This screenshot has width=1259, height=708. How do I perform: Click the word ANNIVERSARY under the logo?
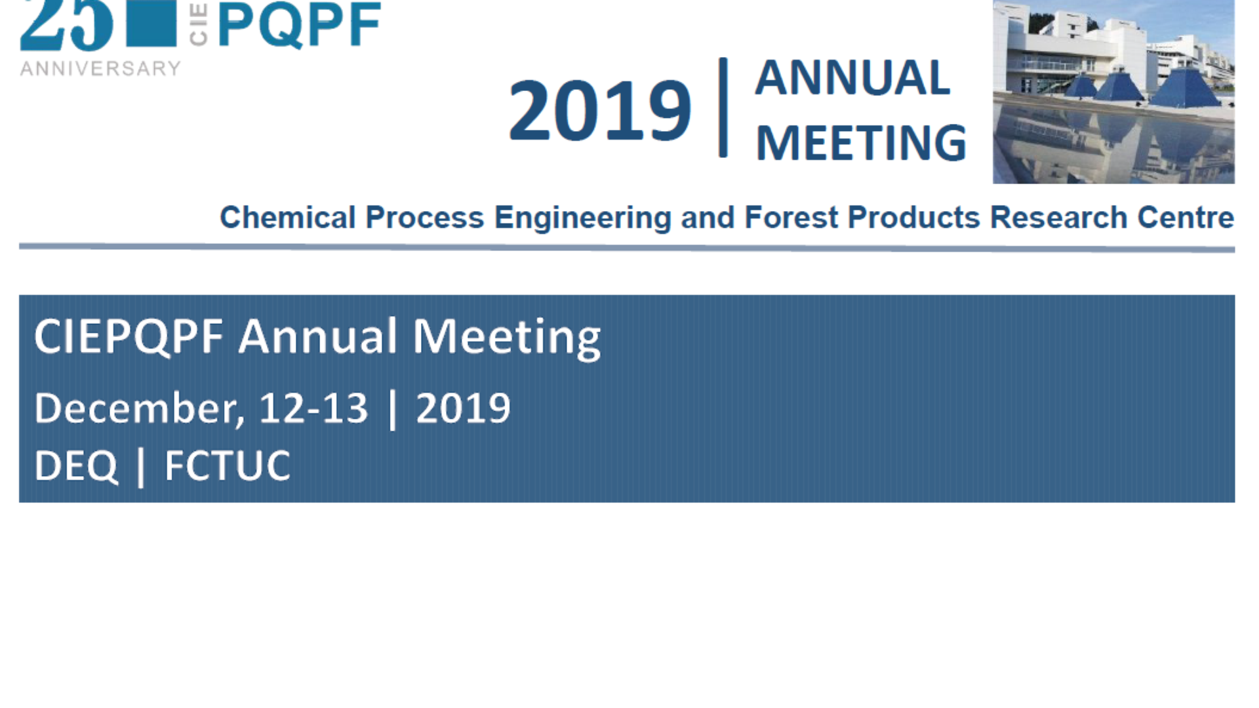point(100,68)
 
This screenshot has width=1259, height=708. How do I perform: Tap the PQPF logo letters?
point(299,25)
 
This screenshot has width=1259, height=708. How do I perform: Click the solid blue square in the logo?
point(151,23)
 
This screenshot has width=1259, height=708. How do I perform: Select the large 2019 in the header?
point(600,109)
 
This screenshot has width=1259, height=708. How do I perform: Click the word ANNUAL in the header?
point(852,77)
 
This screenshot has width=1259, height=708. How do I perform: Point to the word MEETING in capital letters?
point(861,142)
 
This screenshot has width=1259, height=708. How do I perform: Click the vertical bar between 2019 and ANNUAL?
point(723,108)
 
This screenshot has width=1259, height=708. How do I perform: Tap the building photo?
point(1113,92)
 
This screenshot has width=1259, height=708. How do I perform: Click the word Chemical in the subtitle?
point(287,217)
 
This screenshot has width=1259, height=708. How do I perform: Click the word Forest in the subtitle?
point(791,217)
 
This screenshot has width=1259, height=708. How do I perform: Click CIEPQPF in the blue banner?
point(129,337)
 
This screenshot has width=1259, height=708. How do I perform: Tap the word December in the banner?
point(139,408)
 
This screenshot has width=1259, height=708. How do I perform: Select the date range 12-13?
point(313,408)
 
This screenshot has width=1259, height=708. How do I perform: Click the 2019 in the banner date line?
point(463,408)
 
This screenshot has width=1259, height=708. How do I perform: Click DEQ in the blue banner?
point(76,466)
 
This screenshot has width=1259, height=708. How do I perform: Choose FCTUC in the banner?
point(227,466)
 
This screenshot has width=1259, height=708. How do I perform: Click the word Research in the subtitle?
point(1058,217)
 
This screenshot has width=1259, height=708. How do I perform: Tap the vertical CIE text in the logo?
point(198,24)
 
